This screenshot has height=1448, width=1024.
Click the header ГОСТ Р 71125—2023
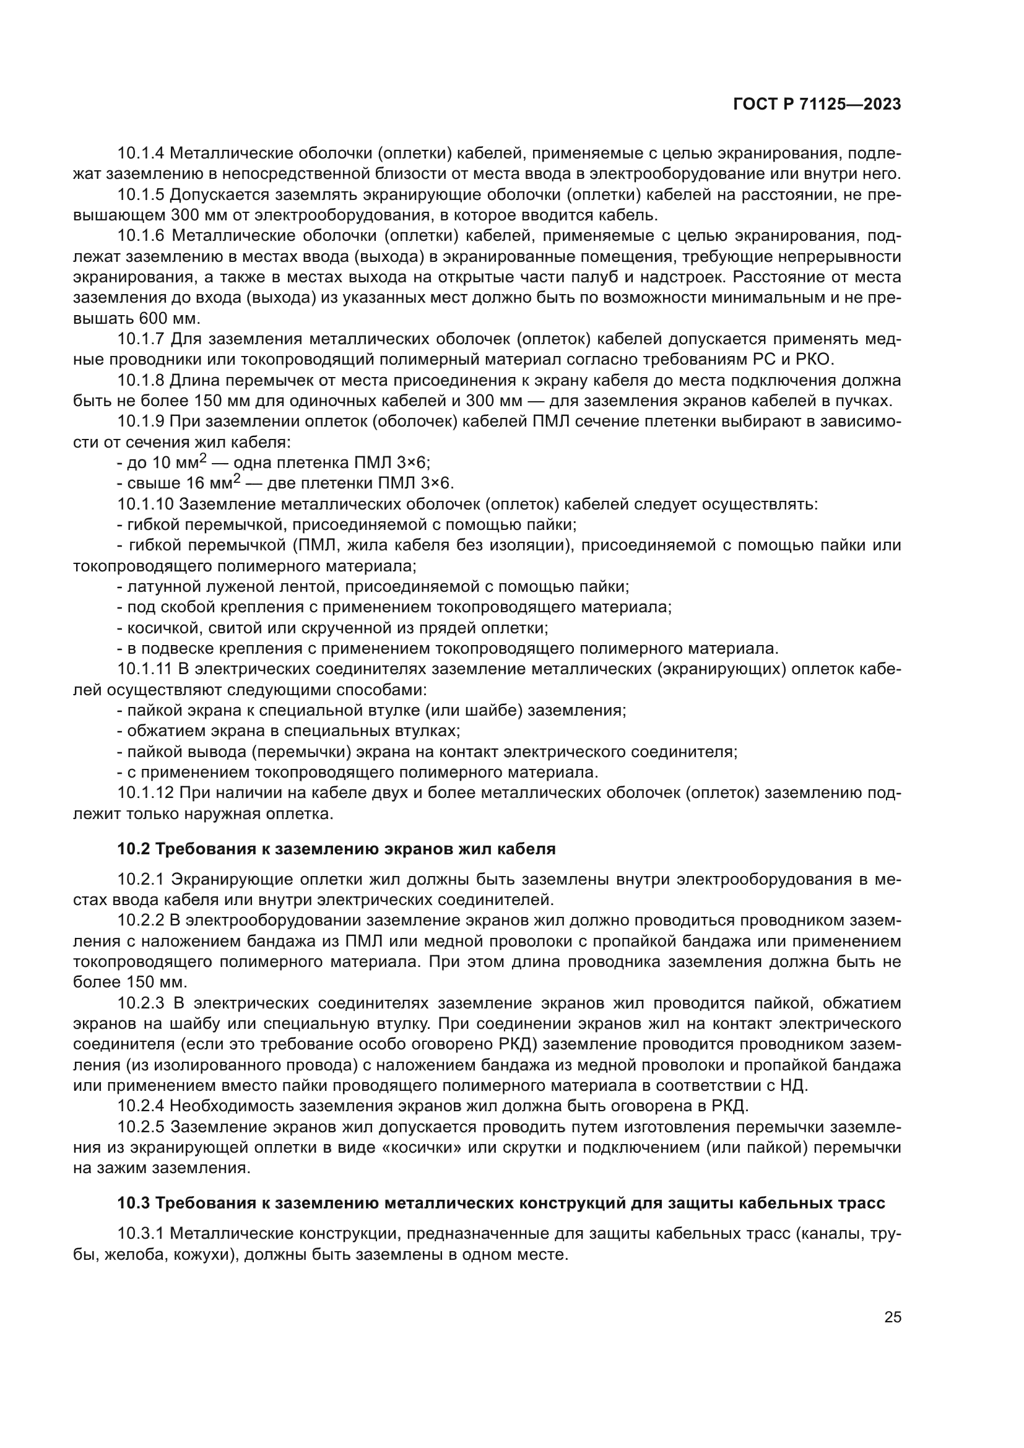coord(817,105)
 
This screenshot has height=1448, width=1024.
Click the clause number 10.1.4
coord(141,154)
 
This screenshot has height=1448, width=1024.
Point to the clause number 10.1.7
coord(141,339)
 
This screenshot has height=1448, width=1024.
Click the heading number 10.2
coord(134,849)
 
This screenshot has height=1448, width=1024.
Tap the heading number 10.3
coord(134,1203)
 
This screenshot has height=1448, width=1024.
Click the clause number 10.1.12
coord(145,794)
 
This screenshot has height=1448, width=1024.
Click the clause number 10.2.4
coord(141,1106)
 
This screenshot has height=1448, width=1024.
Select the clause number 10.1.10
coord(145,505)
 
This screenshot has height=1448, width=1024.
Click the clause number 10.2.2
coord(141,921)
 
